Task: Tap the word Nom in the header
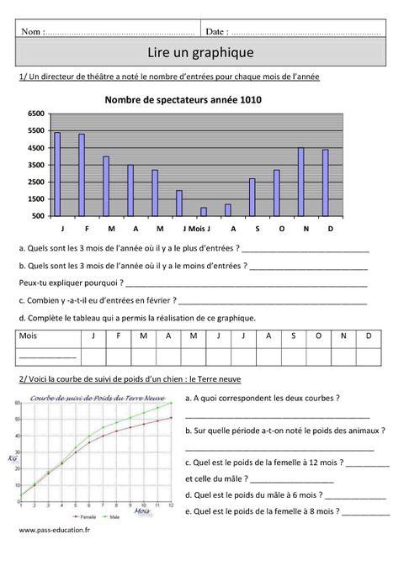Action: (32, 31)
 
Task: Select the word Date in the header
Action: (215, 31)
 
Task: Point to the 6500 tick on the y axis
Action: (35, 113)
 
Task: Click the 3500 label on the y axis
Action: (35, 165)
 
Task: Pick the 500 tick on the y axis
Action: (38, 216)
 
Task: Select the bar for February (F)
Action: (82, 174)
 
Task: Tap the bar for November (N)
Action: (300, 182)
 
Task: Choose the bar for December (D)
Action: (325, 182)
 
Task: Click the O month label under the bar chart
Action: (281, 229)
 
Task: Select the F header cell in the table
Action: (119, 336)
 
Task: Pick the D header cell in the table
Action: (368, 336)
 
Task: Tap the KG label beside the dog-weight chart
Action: (13, 458)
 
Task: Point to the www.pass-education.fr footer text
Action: (53, 531)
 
